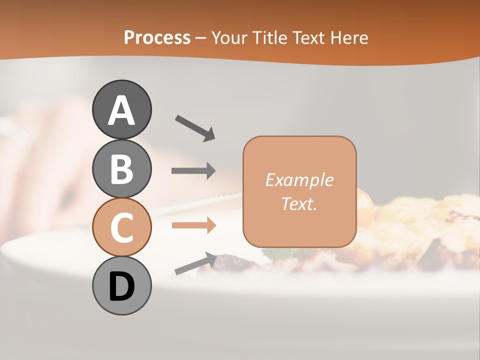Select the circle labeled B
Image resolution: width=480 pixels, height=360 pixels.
[x=121, y=168]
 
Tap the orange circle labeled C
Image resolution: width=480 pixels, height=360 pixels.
[x=121, y=227]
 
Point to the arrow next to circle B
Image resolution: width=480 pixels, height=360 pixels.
[x=193, y=171]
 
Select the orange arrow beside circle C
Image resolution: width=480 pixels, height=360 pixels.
[x=193, y=225]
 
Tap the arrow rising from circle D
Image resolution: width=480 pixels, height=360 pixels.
[x=195, y=263]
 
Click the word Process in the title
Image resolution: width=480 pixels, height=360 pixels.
[x=157, y=38]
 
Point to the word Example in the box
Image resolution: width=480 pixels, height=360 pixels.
[x=299, y=180]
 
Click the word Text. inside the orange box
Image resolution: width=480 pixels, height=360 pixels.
[x=299, y=204]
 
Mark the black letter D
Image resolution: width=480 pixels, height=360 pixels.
[x=121, y=287]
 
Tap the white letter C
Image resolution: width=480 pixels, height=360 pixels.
[x=121, y=227]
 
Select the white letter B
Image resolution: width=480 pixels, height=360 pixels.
[x=121, y=168]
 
